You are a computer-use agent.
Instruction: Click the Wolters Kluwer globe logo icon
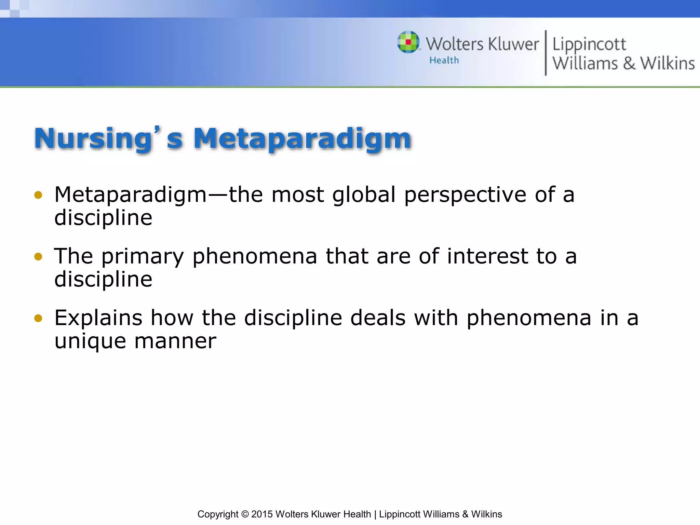point(408,42)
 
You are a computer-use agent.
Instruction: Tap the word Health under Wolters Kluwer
point(444,60)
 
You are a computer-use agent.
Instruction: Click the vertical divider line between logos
point(546,53)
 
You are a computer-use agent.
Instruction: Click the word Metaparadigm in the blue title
point(302,138)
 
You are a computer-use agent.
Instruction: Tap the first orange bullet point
point(38,195)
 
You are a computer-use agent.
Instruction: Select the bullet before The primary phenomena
point(38,257)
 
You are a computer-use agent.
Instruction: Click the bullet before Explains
point(38,319)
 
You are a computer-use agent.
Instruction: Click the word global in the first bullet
point(364,194)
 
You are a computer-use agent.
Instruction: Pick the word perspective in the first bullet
point(465,195)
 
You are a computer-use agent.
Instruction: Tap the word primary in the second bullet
point(143,257)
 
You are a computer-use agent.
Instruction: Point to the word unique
point(90,341)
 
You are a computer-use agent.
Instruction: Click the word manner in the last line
point(175,341)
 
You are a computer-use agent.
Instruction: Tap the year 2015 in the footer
point(262,514)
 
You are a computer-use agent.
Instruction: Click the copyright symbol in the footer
point(245,514)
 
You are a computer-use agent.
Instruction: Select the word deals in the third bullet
point(378,318)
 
